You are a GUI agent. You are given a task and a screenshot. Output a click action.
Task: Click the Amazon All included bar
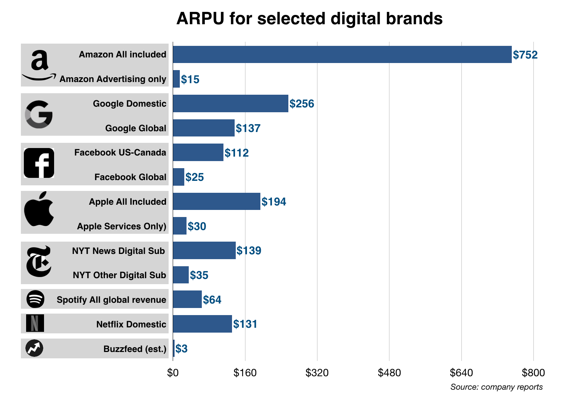[342, 54]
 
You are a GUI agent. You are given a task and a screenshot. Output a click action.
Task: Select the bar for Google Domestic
[231, 103]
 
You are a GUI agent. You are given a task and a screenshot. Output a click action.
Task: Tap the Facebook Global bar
[179, 177]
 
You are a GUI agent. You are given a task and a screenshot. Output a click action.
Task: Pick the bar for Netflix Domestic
[202, 324]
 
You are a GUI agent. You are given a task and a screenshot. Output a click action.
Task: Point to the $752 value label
[525, 55]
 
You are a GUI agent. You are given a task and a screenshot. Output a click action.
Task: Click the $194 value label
[274, 202]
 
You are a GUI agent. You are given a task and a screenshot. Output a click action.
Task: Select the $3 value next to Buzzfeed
[182, 349]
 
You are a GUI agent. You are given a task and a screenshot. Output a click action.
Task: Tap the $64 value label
[212, 300]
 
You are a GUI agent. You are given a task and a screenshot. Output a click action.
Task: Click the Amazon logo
[39, 66]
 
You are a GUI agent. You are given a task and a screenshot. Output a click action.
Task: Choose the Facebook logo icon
[39, 163]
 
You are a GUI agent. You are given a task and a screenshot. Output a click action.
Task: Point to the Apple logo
[39, 209]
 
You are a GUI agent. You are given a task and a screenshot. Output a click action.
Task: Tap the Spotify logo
[35, 299]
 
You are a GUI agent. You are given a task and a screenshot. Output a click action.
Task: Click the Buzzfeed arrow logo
[34, 348]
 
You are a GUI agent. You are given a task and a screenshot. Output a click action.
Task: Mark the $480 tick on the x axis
[389, 373]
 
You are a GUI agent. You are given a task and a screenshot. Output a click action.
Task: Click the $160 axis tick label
[245, 373]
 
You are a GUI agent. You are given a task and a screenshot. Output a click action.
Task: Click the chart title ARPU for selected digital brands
[309, 18]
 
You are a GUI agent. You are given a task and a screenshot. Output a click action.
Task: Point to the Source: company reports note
[496, 387]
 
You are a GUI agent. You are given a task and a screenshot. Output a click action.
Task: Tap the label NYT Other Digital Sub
[119, 275]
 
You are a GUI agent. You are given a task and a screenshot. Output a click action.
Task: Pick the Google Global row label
[136, 128]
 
